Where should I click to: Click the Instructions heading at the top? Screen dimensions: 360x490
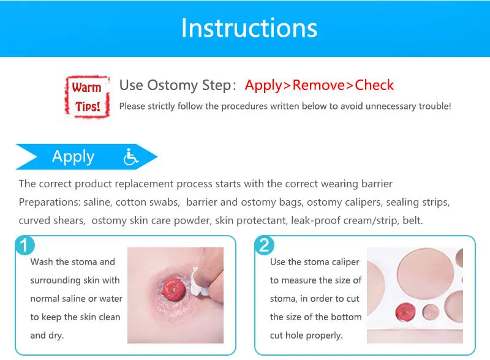coord(249,28)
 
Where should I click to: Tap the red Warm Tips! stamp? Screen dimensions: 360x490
coord(86,97)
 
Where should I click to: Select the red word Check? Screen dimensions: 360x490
coord(374,85)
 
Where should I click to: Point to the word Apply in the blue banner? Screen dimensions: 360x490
coord(73,157)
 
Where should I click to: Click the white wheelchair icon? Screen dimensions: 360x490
coord(130,157)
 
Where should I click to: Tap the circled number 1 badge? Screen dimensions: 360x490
coord(24,246)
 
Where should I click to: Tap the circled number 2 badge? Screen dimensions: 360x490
coord(264,246)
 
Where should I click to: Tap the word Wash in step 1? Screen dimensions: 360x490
coord(42,262)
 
